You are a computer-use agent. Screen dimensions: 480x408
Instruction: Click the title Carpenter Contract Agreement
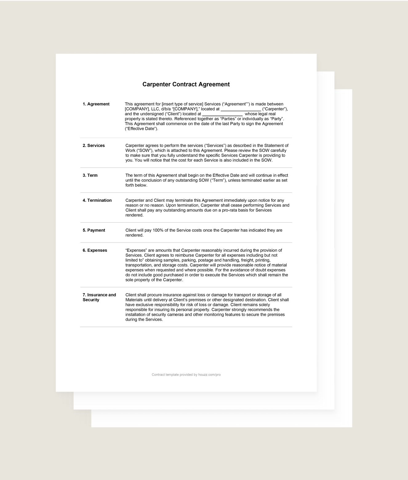coord(186,84)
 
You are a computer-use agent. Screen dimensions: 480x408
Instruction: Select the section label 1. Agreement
coord(96,104)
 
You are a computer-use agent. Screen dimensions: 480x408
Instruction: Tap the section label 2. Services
coord(94,146)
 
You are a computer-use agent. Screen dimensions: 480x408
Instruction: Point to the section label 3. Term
coord(90,176)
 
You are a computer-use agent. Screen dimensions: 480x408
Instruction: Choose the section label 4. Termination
coord(97,201)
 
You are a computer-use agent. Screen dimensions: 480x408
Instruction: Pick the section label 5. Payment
coord(94,230)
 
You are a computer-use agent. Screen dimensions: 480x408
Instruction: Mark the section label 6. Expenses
coord(95,250)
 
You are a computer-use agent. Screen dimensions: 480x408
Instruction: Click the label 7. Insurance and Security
coord(99,297)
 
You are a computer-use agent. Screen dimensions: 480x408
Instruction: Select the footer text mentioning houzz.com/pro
coord(186,375)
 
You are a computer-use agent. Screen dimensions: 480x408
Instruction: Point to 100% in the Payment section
coord(158,230)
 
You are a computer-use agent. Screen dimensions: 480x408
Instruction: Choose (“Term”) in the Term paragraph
coord(218,181)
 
